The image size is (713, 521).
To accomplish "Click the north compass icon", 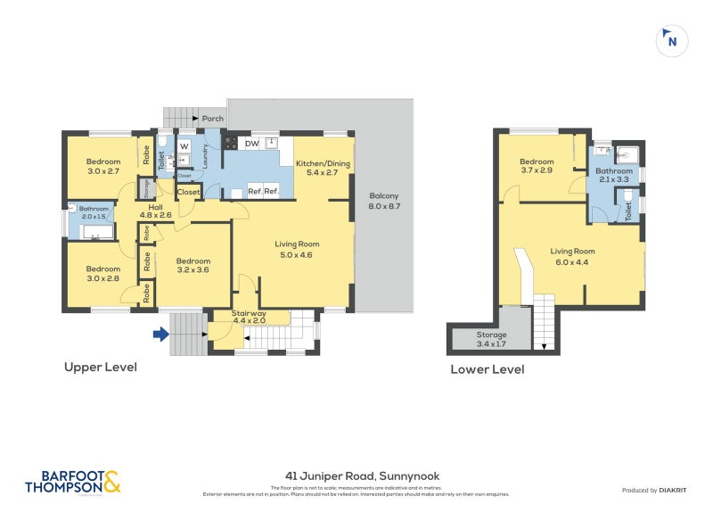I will (671, 40).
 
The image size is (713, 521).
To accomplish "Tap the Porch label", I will (213, 118).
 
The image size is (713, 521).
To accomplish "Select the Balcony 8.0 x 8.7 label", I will (384, 201).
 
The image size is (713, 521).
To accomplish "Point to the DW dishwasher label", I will (251, 143).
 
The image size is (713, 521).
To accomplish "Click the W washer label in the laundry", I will (184, 145).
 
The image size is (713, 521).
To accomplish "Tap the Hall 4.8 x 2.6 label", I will (155, 210).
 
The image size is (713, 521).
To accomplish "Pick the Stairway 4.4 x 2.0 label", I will (249, 318).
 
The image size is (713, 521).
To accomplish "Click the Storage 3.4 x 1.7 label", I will (491, 338).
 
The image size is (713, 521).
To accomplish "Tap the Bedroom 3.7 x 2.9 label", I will (537, 165).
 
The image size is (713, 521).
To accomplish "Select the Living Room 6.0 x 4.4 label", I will (572, 256).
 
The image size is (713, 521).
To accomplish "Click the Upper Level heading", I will (100, 367).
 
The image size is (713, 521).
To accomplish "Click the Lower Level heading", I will (487, 369).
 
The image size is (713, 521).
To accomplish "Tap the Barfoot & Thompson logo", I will (72, 482).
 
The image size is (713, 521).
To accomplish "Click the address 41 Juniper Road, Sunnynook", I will (356, 476).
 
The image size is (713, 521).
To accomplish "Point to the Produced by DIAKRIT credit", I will (652, 490).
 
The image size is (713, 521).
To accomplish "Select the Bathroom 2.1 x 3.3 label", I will (614, 175).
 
